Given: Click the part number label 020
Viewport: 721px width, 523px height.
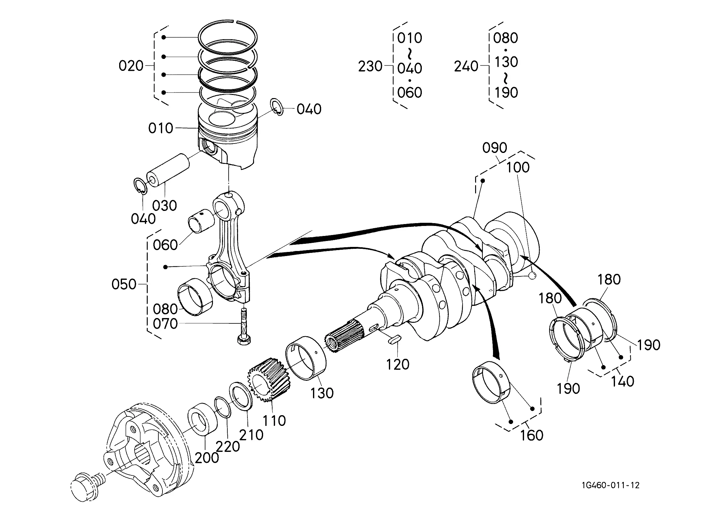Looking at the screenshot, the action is [x=131, y=66].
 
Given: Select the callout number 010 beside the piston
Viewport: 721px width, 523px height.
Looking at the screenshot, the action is [x=161, y=128].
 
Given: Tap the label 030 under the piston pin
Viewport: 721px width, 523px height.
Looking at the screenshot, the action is [x=164, y=206].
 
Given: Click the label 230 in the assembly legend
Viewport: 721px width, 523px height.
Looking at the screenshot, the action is [x=370, y=66].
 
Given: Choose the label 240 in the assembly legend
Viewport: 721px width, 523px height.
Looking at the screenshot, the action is [x=466, y=66].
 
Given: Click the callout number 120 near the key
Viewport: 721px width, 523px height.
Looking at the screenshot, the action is [x=397, y=364].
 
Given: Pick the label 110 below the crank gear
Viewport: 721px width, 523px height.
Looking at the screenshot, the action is [x=274, y=421].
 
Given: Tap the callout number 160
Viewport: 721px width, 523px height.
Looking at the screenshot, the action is [x=532, y=435].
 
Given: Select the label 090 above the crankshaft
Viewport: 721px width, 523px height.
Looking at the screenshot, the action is [x=495, y=148].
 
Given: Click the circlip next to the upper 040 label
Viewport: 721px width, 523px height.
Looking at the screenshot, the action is [x=277, y=107].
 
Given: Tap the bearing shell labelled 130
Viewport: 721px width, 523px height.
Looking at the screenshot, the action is [x=306, y=358].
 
